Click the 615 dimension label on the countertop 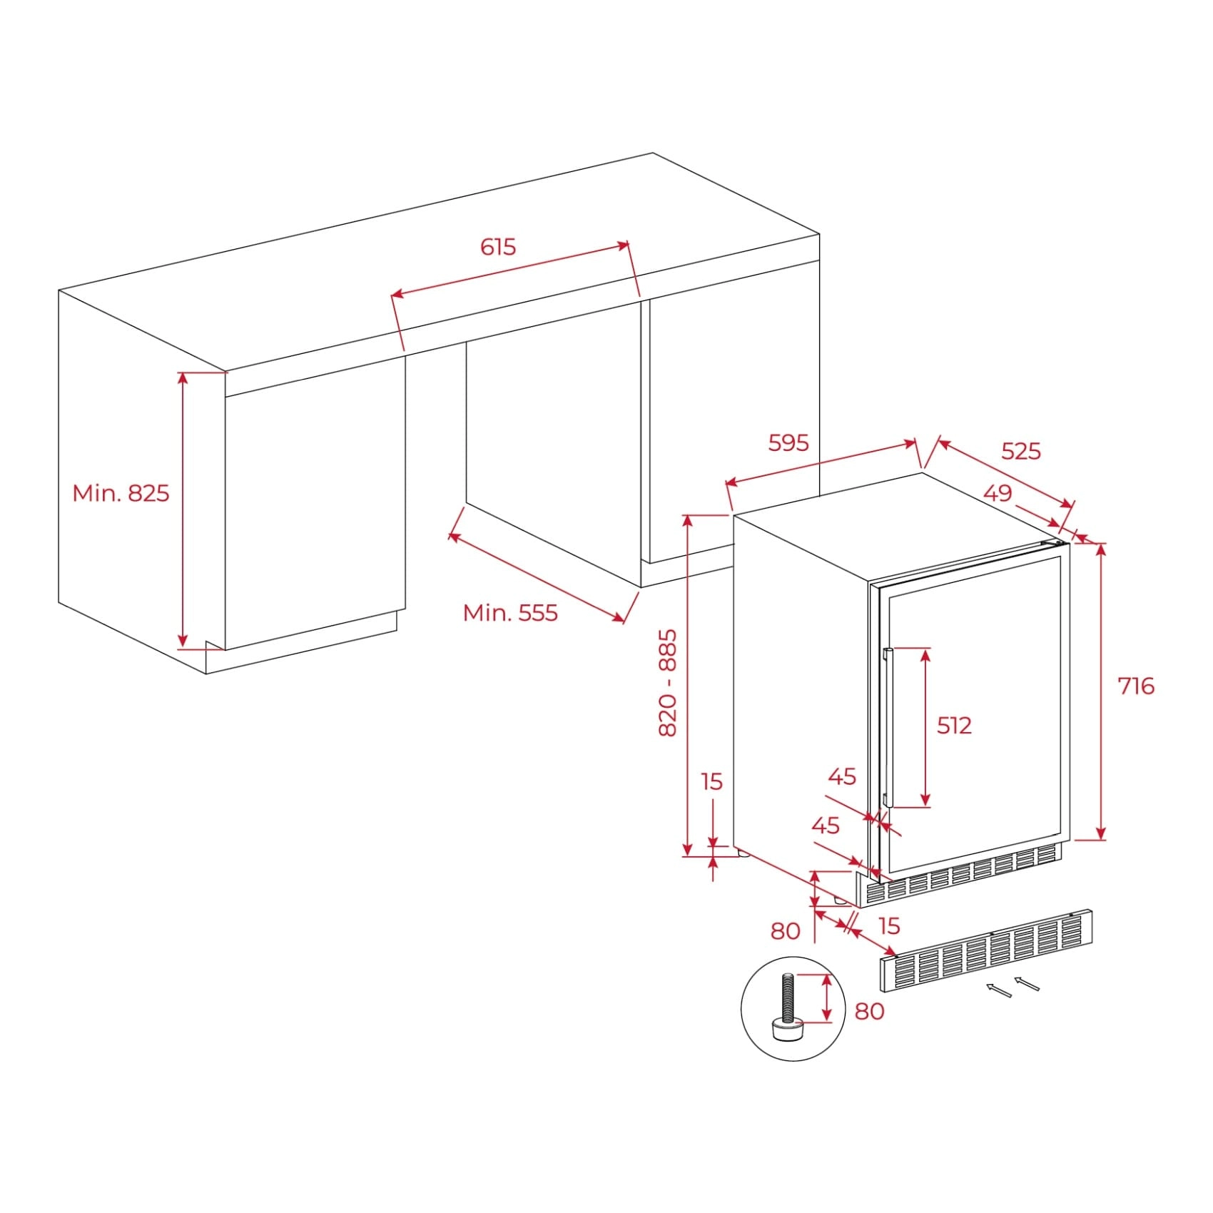pyautogui.click(x=497, y=247)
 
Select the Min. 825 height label pyautogui.click(x=121, y=493)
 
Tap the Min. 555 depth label pyautogui.click(x=510, y=613)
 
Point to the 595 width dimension pyautogui.click(x=788, y=443)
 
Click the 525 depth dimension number pyautogui.click(x=1021, y=451)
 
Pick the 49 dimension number pyautogui.click(x=998, y=493)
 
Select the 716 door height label pyautogui.click(x=1135, y=686)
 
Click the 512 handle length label pyautogui.click(x=954, y=726)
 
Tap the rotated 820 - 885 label pyautogui.click(x=667, y=683)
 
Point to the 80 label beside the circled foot pyautogui.click(x=869, y=1011)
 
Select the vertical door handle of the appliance pyautogui.click(x=887, y=728)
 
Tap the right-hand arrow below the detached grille pyautogui.click(x=1027, y=983)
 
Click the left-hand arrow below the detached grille pyautogui.click(x=999, y=990)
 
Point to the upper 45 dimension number pyautogui.click(x=842, y=776)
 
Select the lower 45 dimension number pyautogui.click(x=826, y=826)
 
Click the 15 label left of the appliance pyautogui.click(x=712, y=782)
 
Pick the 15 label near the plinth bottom pyautogui.click(x=889, y=926)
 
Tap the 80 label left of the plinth pyautogui.click(x=786, y=931)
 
